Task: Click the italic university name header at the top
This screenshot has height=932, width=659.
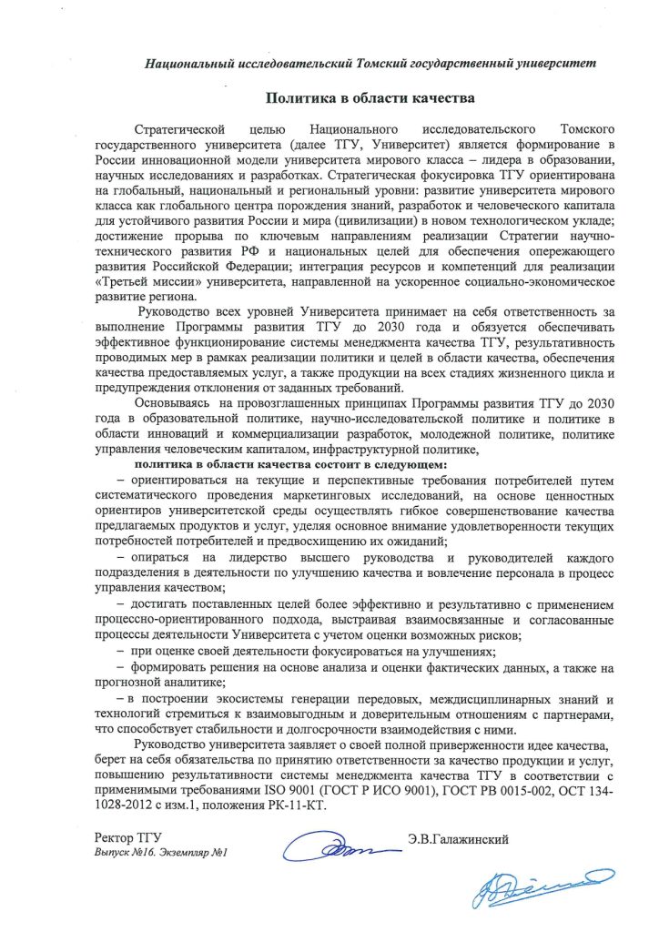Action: click(x=372, y=63)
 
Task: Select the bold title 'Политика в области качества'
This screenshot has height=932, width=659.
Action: click(x=370, y=96)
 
